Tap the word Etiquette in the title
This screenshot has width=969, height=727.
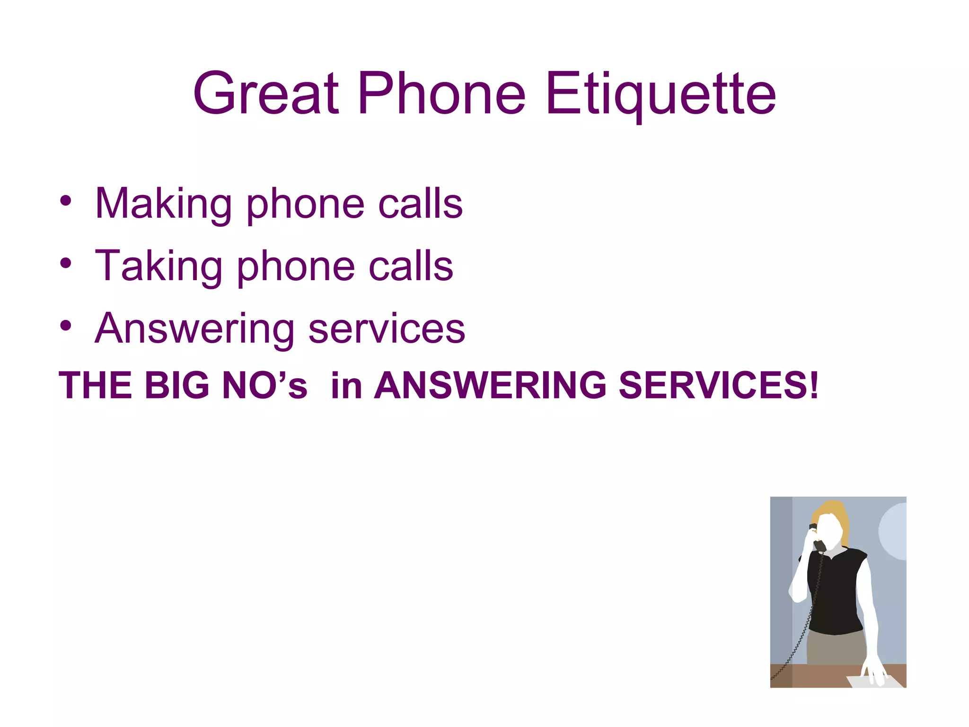pos(661,93)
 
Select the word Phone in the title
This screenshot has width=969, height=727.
pos(441,93)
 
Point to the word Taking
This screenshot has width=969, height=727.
pos(159,266)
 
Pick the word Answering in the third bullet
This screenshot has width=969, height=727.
pos(194,329)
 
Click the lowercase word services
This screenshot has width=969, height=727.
pos(387,329)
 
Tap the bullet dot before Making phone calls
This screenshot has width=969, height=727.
pos(66,201)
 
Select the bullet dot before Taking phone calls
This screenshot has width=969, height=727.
pos(66,263)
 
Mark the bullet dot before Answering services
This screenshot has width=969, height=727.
pos(66,326)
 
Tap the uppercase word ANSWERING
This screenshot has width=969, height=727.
pos(490,385)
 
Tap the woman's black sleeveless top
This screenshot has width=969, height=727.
pos(837,592)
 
